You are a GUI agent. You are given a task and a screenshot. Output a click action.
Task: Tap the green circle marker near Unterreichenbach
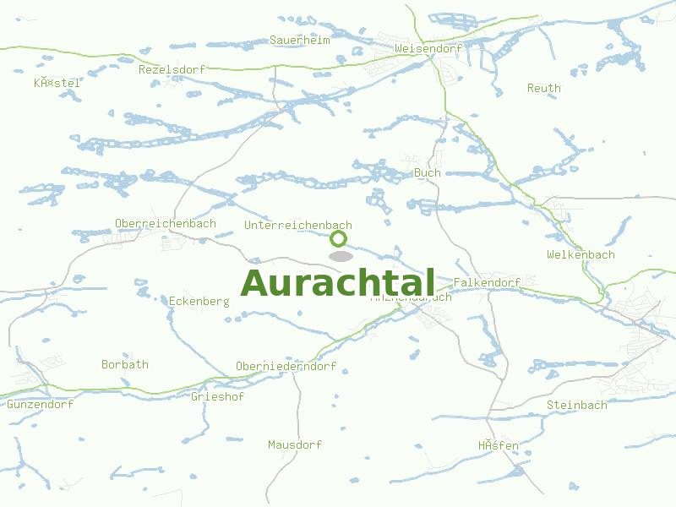pyautogui.click(x=339, y=238)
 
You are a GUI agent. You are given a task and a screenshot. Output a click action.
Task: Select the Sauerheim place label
pyautogui.click(x=299, y=40)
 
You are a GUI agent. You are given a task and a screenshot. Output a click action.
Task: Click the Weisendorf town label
pyautogui.click(x=428, y=48)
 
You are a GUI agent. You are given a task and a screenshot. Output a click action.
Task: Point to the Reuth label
pyautogui.click(x=543, y=88)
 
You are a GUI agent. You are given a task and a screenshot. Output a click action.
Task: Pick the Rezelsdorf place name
pyautogui.click(x=172, y=69)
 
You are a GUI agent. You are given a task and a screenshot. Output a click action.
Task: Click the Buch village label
pyautogui.click(x=428, y=172)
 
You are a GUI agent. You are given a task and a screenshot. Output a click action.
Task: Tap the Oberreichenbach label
pyautogui.click(x=165, y=223)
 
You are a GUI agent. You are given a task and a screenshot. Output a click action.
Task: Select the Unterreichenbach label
pyautogui.click(x=297, y=225)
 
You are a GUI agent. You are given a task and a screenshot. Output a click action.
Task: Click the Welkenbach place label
pyautogui.click(x=581, y=254)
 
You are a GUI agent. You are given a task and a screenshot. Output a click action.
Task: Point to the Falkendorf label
pyautogui.click(x=487, y=282)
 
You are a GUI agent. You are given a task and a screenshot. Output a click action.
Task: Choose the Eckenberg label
pyautogui.click(x=199, y=301)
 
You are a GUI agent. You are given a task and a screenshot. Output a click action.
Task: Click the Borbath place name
pyautogui.click(x=124, y=364)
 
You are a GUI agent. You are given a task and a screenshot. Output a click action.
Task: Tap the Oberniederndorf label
pyautogui.click(x=286, y=366)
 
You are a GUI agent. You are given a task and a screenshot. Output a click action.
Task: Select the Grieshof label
pyautogui.click(x=217, y=396)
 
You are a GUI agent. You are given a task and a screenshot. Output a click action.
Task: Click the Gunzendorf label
pyautogui.click(x=40, y=404)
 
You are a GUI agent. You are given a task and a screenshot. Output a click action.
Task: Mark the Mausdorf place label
pyautogui.click(x=295, y=444)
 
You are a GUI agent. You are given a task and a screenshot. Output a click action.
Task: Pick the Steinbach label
pyautogui.click(x=576, y=405)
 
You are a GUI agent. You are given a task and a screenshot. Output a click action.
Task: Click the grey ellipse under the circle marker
pyautogui.click(x=340, y=256)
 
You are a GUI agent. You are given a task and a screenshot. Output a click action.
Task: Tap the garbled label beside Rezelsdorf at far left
pyautogui.click(x=57, y=82)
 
